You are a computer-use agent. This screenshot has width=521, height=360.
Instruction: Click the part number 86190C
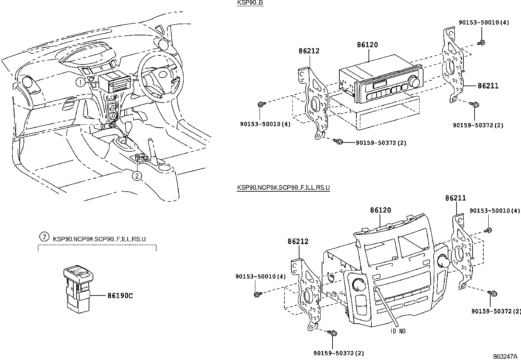(120, 295)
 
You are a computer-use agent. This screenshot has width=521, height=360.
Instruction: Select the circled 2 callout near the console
(137, 176)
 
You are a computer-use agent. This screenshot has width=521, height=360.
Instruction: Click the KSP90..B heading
(250, 3)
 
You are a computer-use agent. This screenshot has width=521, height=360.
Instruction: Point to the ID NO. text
(398, 332)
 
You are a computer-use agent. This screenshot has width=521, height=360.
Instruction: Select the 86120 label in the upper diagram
(367, 45)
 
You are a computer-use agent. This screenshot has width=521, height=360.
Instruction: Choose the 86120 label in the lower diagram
(381, 210)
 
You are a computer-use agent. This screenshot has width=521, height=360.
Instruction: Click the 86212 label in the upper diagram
(309, 51)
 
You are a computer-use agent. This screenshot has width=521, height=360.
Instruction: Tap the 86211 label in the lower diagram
(455, 198)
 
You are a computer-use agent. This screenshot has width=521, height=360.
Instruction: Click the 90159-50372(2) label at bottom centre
(339, 353)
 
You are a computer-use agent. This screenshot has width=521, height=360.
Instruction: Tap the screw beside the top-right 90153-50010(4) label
(481, 42)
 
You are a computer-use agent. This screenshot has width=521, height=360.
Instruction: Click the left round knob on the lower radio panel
(359, 285)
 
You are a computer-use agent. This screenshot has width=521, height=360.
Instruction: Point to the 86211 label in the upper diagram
(488, 86)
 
